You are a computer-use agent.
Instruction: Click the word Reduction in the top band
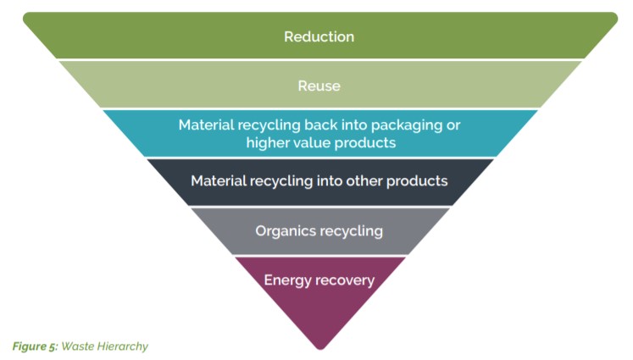(319, 36)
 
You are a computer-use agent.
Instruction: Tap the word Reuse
(319, 86)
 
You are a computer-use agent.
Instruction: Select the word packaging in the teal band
(407, 126)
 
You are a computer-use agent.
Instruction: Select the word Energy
(287, 281)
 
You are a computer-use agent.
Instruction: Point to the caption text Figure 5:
(35, 346)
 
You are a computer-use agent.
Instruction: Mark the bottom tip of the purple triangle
(320, 350)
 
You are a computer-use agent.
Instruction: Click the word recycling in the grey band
(352, 231)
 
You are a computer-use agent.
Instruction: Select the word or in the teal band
(453, 125)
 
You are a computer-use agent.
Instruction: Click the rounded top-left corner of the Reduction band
(25, 15)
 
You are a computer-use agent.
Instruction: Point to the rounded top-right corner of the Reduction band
(615, 15)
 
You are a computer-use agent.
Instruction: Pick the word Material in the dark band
(219, 180)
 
